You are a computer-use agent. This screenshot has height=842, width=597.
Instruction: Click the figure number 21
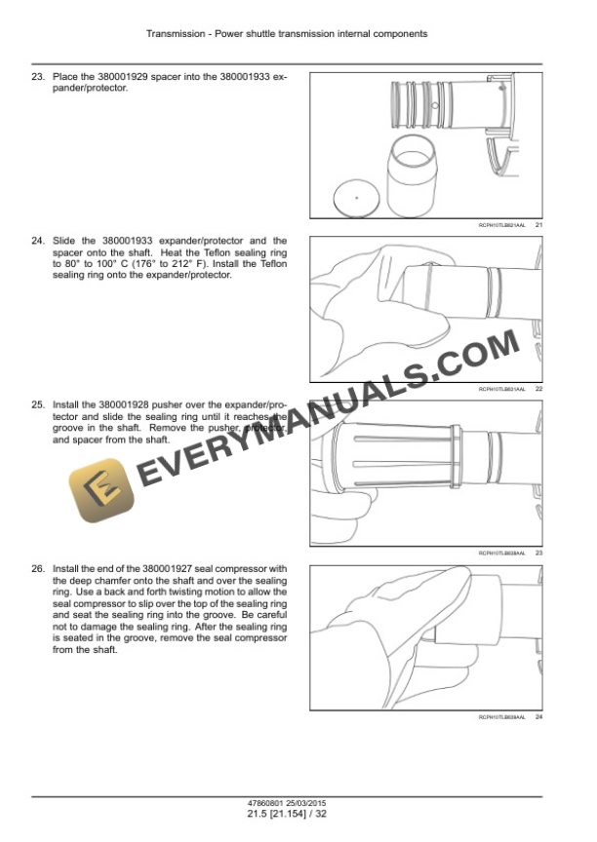point(538,226)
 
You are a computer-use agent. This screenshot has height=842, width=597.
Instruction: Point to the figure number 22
point(538,389)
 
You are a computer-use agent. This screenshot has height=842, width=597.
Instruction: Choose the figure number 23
point(538,553)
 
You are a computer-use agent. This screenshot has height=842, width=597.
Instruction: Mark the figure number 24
point(538,716)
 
